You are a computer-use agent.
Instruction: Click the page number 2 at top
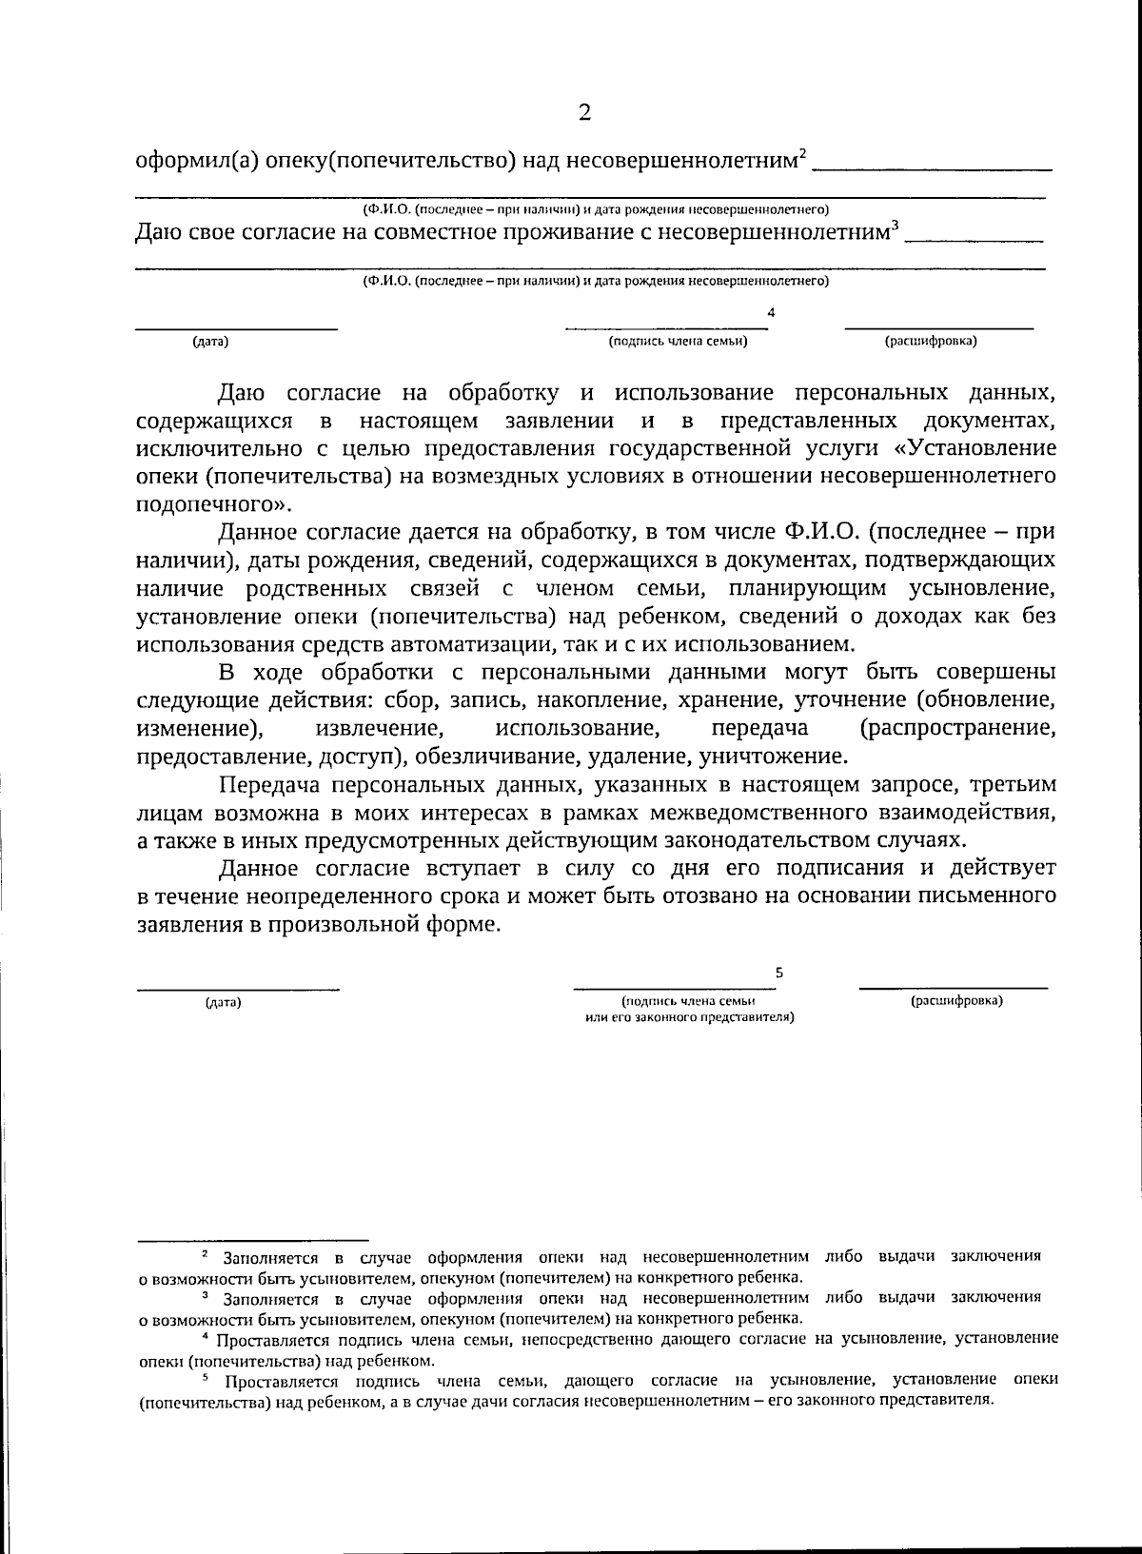coord(584,113)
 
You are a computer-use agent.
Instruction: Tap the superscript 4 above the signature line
coord(771,311)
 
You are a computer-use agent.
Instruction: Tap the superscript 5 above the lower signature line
coord(779,973)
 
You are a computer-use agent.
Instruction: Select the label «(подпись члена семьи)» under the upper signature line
coord(678,341)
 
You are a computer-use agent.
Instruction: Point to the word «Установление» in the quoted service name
coord(981,447)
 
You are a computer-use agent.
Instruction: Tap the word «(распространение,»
coord(957,728)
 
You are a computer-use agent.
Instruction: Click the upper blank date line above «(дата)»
coord(235,328)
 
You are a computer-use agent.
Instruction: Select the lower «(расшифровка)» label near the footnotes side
coord(956,1001)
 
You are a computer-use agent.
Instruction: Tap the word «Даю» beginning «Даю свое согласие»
coord(159,232)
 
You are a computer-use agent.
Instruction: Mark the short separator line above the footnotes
coord(252,1240)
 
